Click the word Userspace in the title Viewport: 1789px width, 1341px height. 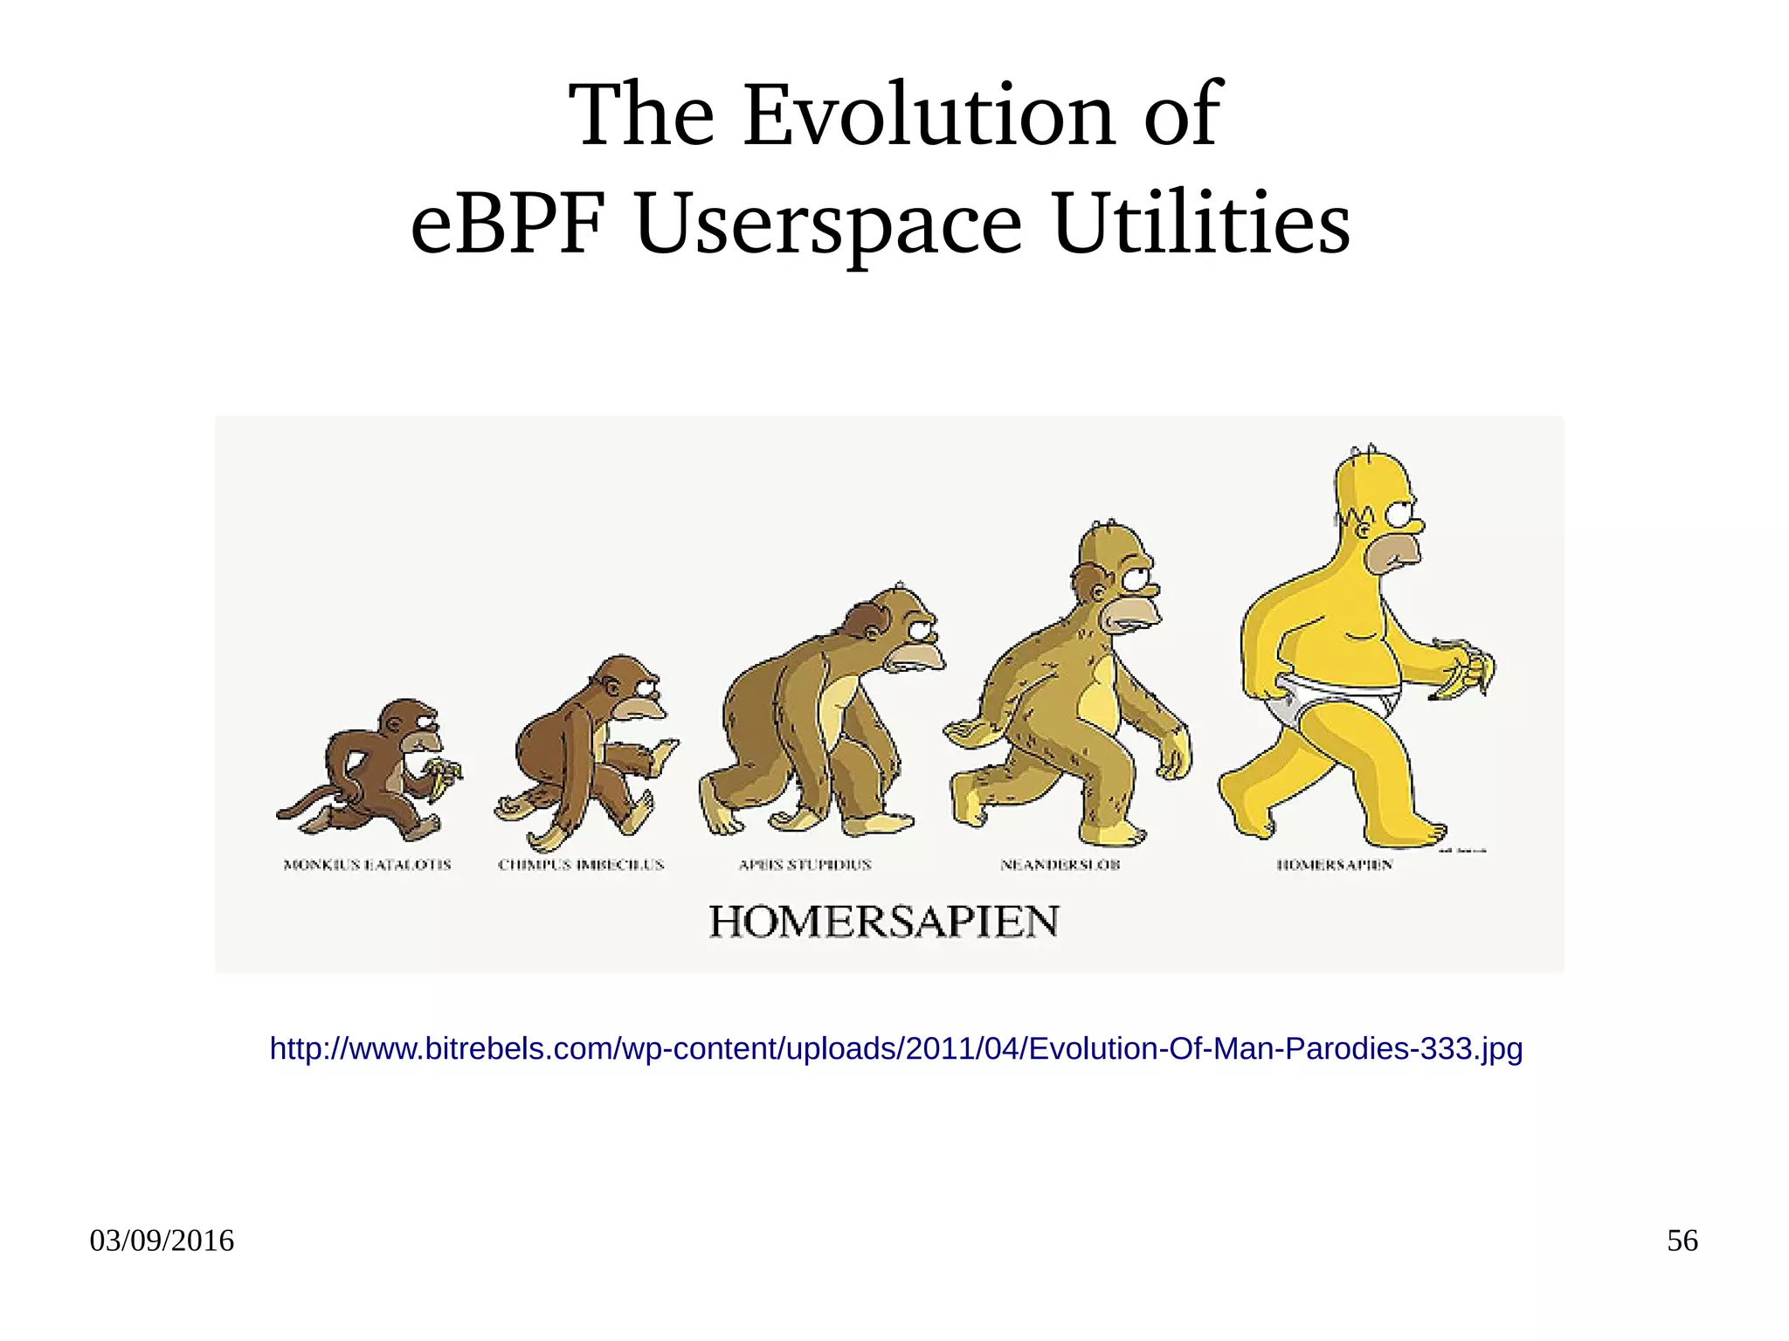coord(828,225)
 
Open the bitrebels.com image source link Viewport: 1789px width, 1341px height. coord(895,1048)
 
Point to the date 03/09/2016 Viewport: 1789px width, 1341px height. coord(162,1241)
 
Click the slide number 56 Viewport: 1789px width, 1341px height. coord(1682,1241)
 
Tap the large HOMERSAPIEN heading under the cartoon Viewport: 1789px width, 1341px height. coord(884,923)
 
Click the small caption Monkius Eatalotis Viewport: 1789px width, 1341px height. coord(367,865)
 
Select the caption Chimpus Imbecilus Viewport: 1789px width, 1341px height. coord(581,865)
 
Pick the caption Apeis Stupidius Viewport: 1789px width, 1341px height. coord(805,865)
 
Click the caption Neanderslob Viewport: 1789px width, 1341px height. coord(1060,865)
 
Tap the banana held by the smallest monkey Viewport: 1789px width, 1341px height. coord(444,774)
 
